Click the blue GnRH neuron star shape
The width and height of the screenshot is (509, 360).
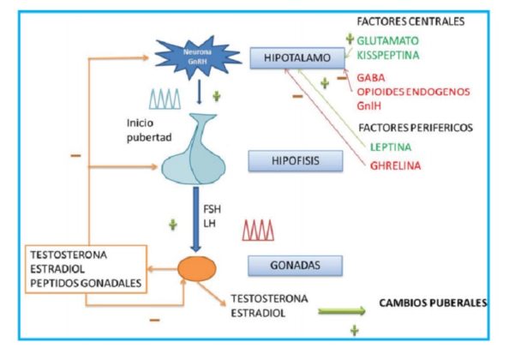(x=198, y=57)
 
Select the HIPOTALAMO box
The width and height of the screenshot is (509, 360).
(x=297, y=57)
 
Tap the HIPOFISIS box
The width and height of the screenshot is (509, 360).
(x=296, y=160)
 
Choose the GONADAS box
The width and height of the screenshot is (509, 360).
(x=295, y=266)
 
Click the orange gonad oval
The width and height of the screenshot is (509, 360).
(x=197, y=269)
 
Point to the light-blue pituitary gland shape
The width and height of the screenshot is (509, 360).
(x=195, y=149)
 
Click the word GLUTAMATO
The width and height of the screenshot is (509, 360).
(x=387, y=41)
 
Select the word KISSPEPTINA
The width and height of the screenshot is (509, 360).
(x=388, y=55)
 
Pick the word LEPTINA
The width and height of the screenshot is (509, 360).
(x=391, y=147)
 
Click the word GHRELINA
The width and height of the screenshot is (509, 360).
(x=395, y=166)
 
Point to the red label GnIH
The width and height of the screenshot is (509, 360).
(x=368, y=105)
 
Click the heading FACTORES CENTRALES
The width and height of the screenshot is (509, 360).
(x=410, y=21)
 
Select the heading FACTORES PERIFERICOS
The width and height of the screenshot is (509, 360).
(x=416, y=128)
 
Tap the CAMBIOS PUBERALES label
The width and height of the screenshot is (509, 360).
(x=434, y=303)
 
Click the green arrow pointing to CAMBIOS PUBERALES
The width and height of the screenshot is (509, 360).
(x=342, y=311)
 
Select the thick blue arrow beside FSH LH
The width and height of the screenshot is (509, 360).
(x=195, y=219)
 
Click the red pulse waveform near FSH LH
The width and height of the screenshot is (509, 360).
(x=258, y=231)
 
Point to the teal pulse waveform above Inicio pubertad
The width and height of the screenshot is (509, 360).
(x=165, y=99)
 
